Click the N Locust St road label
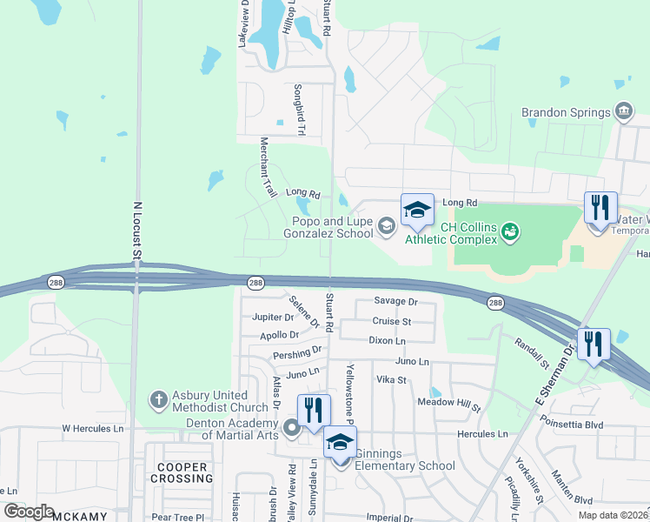click(x=136, y=231)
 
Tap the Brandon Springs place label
click(x=566, y=112)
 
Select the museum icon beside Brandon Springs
click(x=623, y=111)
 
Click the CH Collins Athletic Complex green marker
click(x=510, y=232)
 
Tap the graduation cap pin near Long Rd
click(x=417, y=210)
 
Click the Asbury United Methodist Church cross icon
click(x=158, y=400)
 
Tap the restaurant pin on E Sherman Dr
click(x=594, y=343)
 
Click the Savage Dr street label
click(x=396, y=301)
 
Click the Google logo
click(x=30, y=512)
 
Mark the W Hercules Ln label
click(x=92, y=429)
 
